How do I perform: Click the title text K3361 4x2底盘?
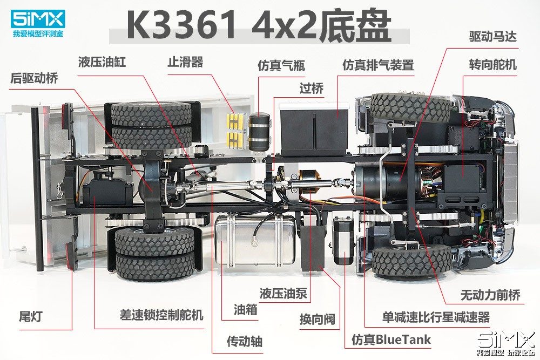point(259,26)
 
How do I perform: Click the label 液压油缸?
point(102,62)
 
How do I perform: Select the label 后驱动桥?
point(34,78)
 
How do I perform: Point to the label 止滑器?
point(185,62)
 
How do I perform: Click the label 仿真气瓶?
point(281,66)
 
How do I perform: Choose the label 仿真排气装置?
point(378,65)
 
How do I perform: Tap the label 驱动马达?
point(493,37)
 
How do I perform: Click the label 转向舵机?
point(493,65)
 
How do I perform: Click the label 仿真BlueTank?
point(391,339)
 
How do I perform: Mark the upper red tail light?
point(68,117)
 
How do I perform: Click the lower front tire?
point(412,261)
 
